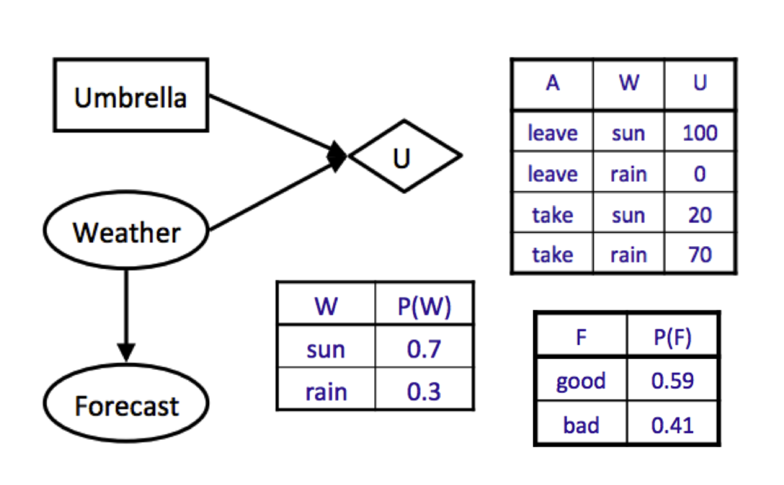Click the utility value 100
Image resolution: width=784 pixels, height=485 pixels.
coord(700,133)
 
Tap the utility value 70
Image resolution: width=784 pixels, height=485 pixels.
coord(700,255)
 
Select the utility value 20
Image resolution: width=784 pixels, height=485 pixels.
coord(700,215)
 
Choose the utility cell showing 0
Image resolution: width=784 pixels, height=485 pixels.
coord(700,174)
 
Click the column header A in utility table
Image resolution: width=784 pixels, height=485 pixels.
coord(553,83)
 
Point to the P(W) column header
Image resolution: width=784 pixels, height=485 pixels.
coord(424,307)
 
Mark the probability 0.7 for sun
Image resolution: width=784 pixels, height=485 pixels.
coord(424,349)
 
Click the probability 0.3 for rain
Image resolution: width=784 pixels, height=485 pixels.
coord(424,391)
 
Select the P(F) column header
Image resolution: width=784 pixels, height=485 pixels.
coord(672,337)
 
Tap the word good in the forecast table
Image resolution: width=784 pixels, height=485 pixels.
coord(581,382)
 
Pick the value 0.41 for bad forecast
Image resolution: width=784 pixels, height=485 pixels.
coord(672,425)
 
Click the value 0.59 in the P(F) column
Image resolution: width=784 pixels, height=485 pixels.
coord(672,380)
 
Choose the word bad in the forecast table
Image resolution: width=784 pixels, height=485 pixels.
coord(581,425)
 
